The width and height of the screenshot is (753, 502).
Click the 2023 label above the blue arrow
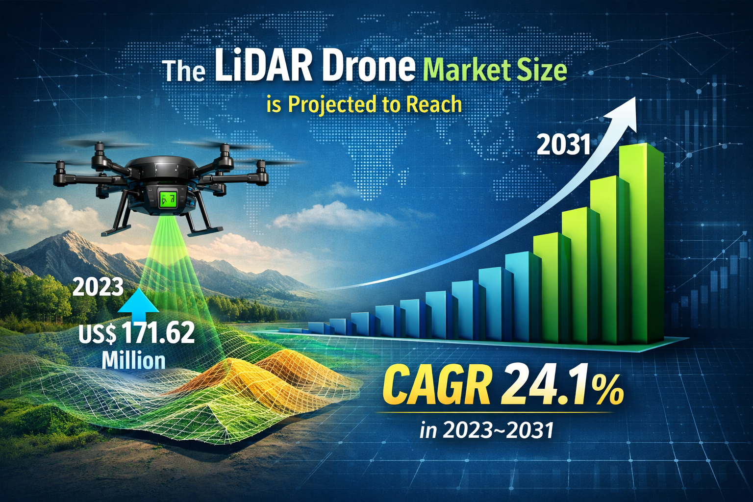point(98,286)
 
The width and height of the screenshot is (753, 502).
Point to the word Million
point(133,360)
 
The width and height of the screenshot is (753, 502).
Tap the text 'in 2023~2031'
point(487,430)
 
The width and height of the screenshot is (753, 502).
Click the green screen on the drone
point(168,198)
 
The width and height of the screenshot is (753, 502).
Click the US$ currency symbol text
point(98,335)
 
